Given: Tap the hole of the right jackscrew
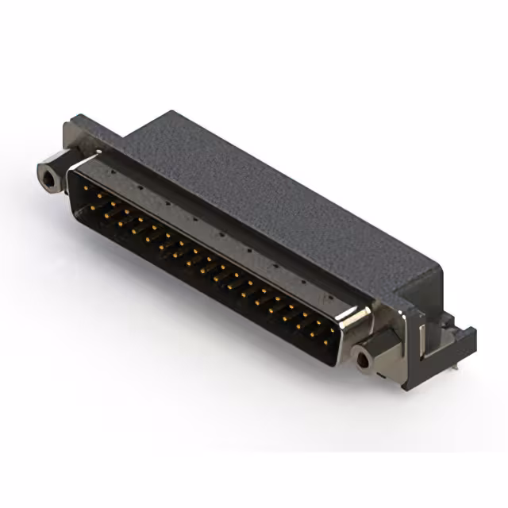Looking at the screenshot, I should point(364,361).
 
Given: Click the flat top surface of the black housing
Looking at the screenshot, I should point(262,190).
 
